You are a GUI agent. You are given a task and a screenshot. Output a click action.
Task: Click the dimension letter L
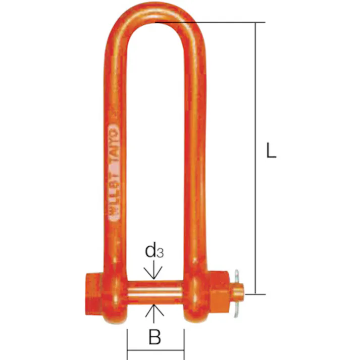point(271,152)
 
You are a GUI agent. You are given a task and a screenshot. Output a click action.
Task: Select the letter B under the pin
point(155,337)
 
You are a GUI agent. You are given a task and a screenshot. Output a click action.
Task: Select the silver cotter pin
point(237,293)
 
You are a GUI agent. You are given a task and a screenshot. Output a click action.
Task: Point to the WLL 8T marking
point(114,197)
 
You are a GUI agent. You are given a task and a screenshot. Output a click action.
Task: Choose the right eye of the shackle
point(194,293)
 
